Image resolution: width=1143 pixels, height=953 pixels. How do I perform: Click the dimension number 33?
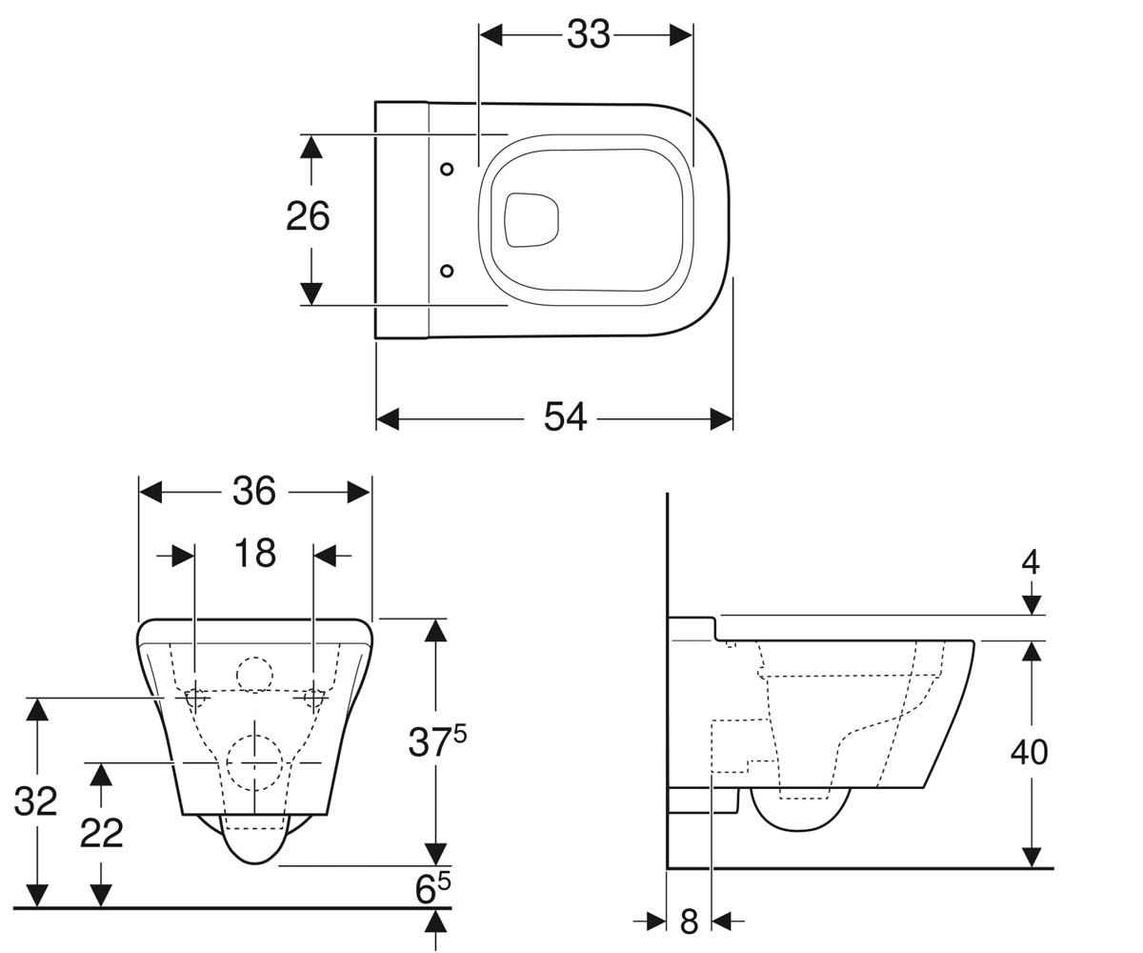click(588, 35)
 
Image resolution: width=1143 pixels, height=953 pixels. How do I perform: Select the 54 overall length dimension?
click(565, 417)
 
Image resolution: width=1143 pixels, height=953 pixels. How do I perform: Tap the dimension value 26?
click(308, 216)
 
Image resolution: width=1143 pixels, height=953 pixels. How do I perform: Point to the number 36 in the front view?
click(254, 491)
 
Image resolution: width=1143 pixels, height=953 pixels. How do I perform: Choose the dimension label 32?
click(35, 801)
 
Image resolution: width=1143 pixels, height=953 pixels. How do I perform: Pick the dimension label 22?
click(102, 834)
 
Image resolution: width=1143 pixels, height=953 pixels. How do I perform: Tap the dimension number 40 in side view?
click(1029, 752)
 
